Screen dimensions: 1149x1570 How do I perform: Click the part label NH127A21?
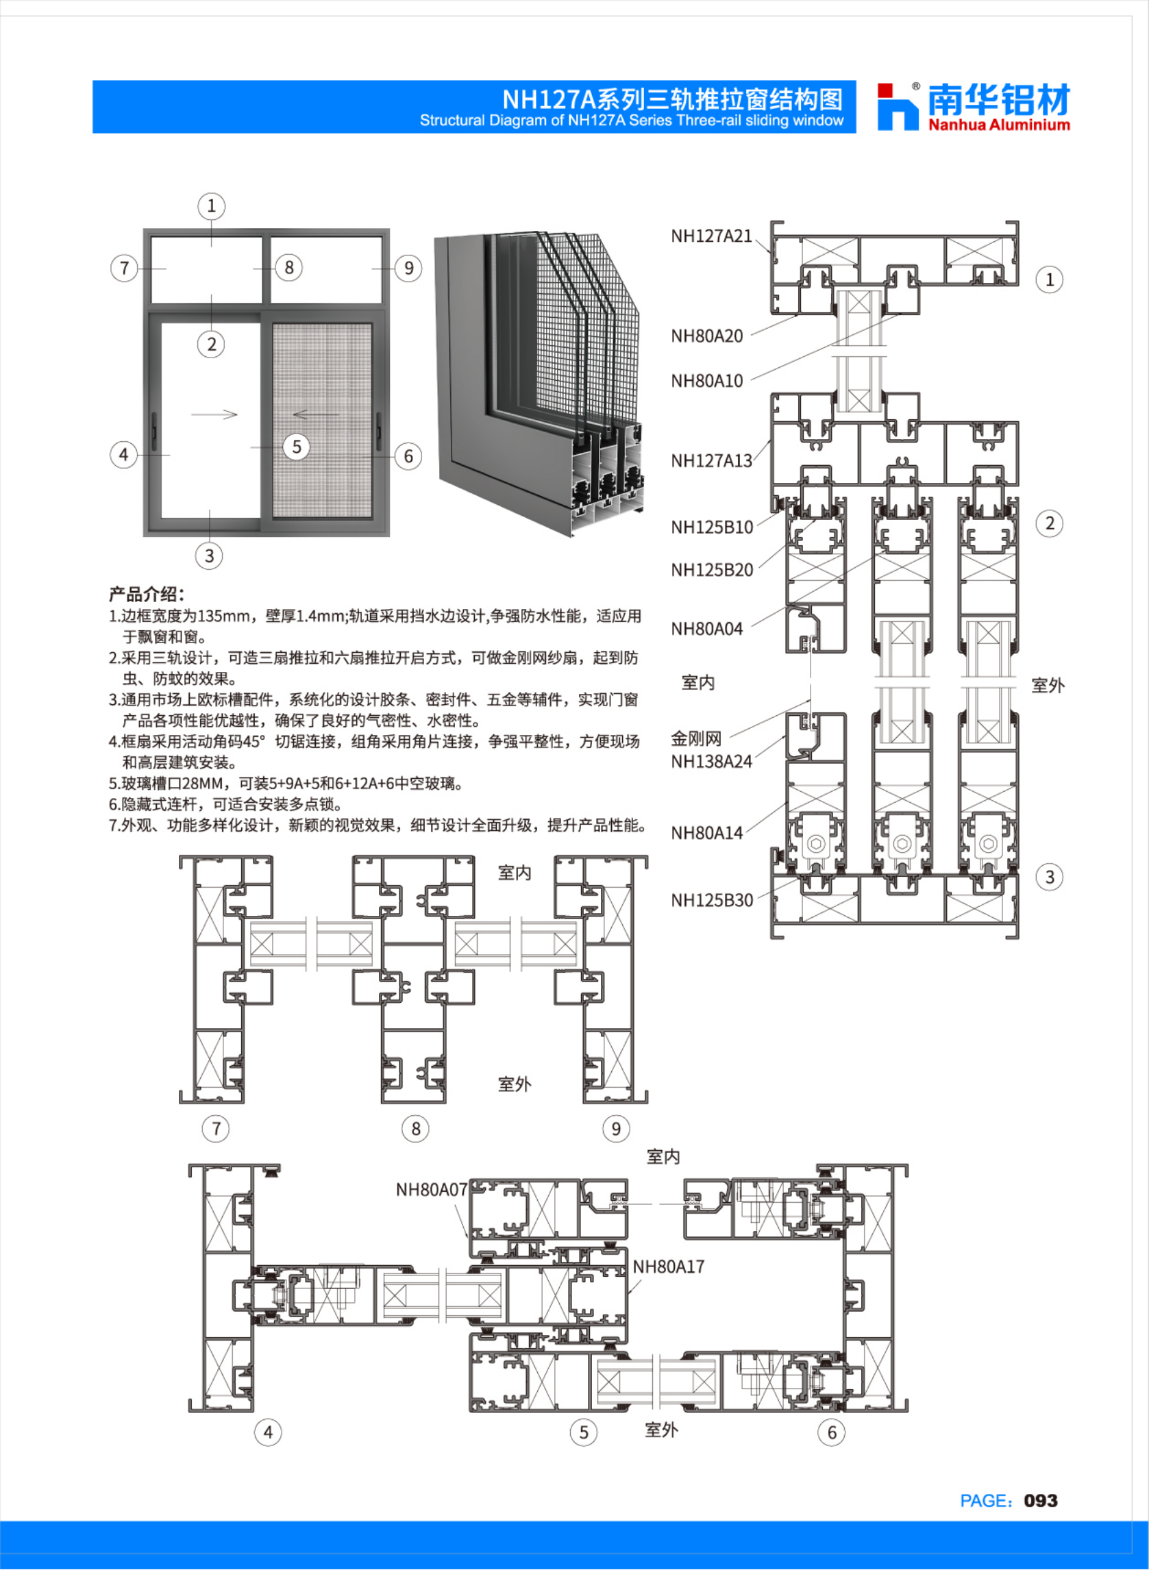pyautogui.click(x=711, y=236)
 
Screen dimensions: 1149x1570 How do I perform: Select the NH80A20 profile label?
pyautogui.click(x=706, y=336)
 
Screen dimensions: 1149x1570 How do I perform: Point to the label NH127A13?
pyautogui.click(x=711, y=461)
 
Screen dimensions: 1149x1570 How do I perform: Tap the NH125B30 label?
pyautogui.click(x=711, y=900)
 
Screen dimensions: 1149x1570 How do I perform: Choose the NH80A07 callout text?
pyautogui.click(x=432, y=1190)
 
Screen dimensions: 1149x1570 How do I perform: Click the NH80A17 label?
pyautogui.click(x=669, y=1267)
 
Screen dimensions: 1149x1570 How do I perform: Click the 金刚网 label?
pyautogui.click(x=696, y=738)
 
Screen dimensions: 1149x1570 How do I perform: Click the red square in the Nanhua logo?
pyautogui.click(x=885, y=91)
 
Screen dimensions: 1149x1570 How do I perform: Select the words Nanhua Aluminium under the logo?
pyautogui.click(x=999, y=125)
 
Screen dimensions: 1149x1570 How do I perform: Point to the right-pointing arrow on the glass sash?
pyautogui.click(x=214, y=415)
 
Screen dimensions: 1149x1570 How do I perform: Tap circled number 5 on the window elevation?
pyautogui.click(x=296, y=447)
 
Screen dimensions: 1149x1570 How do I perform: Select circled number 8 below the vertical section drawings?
pyautogui.click(x=415, y=1128)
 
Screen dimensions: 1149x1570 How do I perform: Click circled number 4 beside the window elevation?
pyautogui.click(x=124, y=455)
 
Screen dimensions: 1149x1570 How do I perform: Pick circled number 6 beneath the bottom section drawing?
pyautogui.click(x=831, y=1432)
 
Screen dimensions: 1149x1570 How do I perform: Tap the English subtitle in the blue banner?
pyautogui.click(x=632, y=121)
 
